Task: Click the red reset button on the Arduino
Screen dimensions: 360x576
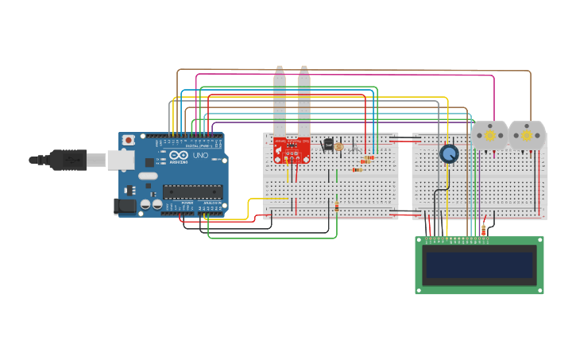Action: (x=129, y=140)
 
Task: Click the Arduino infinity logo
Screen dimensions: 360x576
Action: (x=177, y=156)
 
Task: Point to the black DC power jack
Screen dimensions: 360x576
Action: (x=125, y=206)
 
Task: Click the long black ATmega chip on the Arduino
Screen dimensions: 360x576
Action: (x=192, y=191)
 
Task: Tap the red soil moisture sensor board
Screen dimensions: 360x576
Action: (x=292, y=148)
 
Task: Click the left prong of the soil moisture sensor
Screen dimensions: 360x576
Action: (x=280, y=99)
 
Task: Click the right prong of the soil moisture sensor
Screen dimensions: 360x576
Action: (x=303, y=99)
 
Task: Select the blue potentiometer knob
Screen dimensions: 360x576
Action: (x=449, y=153)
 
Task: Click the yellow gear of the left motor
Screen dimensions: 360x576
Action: (x=489, y=136)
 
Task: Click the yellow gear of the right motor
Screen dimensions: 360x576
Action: (x=527, y=136)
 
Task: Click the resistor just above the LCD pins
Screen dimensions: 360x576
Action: (x=484, y=230)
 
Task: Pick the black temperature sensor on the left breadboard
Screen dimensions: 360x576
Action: (x=328, y=145)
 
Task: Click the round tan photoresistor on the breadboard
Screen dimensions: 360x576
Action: (x=339, y=147)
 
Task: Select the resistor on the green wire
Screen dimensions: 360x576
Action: (x=336, y=207)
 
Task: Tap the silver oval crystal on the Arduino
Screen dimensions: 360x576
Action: (x=148, y=175)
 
